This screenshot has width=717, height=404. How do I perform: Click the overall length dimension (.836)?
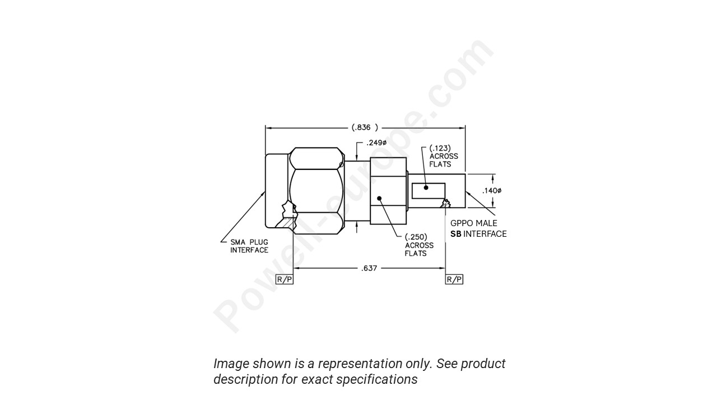tap(365, 127)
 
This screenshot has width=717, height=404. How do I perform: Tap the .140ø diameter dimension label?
tap(491, 191)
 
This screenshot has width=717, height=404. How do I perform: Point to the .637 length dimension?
tap(369, 268)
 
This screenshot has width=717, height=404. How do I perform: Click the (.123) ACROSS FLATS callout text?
tap(443, 156)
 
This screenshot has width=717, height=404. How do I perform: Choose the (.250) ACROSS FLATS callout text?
tap(419, 245)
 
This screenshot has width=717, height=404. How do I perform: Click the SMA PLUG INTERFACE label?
tap(249, 246)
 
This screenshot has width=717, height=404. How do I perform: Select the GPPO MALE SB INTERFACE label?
tap(478, 228)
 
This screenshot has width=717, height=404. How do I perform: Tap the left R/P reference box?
tap(285, 279)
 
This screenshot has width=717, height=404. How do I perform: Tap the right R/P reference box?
tap(454, 279)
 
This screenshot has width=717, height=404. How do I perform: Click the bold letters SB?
tap(456, 234)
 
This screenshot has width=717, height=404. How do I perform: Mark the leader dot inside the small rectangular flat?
tap(426, 188)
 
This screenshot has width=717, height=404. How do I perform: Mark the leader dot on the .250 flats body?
tap(379, 198)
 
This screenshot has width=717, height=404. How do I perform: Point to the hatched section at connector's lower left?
tap(287, 223)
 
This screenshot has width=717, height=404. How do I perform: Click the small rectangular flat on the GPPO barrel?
tap(429, 191)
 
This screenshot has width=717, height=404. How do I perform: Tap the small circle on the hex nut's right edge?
tap(341, 164)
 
